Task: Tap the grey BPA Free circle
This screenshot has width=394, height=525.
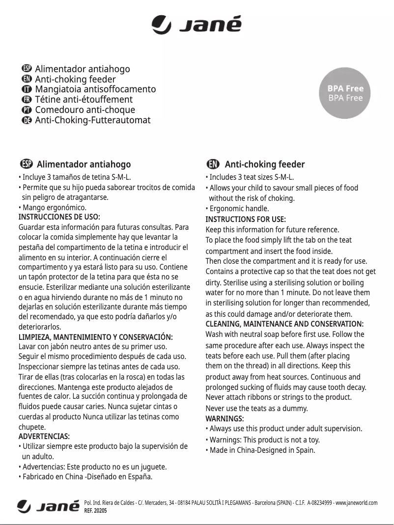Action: [345, 93]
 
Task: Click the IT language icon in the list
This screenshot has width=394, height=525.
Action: [27, 89]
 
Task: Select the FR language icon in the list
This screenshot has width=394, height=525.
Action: [27, 100]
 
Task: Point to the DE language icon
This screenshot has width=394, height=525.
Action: [27, 120]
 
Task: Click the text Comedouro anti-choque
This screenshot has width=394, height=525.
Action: [84, 110]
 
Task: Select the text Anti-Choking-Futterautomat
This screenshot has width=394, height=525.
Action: [92, 120]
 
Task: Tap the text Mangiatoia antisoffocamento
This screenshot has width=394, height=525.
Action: [95, 89]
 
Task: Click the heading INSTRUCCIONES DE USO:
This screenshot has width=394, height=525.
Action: [59, 217]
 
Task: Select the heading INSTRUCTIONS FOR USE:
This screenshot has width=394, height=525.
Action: [245, 219]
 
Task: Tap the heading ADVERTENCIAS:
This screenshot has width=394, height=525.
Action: [44, 436]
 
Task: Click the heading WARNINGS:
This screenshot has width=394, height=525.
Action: [225, 418]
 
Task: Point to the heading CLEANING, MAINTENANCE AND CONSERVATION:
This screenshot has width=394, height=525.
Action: [284, 324]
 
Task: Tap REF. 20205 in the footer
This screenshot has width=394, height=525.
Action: [95, 511]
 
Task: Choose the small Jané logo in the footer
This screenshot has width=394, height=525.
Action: [48, 506]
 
